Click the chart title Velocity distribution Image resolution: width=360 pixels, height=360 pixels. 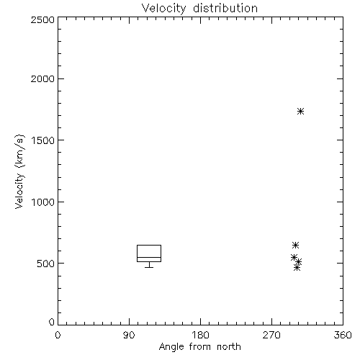[199, 9]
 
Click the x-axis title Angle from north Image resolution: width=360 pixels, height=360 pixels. [199, 347]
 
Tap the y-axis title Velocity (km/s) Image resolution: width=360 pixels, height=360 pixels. [19, 171]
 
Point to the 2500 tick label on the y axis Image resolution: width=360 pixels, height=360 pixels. [42, 19]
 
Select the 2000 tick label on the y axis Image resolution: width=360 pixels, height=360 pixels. [42, 78]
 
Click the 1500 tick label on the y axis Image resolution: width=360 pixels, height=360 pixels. [43, 140]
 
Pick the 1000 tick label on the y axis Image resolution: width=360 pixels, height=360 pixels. [43, 202]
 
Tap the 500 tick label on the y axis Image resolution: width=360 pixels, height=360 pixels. [46, 264]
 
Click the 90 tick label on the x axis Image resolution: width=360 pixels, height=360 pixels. [129, 335]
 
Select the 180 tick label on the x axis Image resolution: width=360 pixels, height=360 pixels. [200, 335]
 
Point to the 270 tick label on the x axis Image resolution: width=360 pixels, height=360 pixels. [271, 335]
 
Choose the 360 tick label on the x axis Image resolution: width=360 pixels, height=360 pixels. [343, 335]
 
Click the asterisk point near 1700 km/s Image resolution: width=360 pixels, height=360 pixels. [300, 112]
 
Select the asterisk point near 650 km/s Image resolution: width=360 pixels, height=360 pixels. [295, 246]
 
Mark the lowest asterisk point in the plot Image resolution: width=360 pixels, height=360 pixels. [297, 268]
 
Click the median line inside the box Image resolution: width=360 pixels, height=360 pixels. [149, 257]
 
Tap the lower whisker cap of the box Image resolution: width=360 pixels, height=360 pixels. [149, 267]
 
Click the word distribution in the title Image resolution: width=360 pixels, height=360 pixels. [225, 8]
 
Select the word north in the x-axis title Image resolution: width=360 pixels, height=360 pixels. [229, 347]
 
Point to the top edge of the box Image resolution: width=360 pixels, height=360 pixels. [149, 245]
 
